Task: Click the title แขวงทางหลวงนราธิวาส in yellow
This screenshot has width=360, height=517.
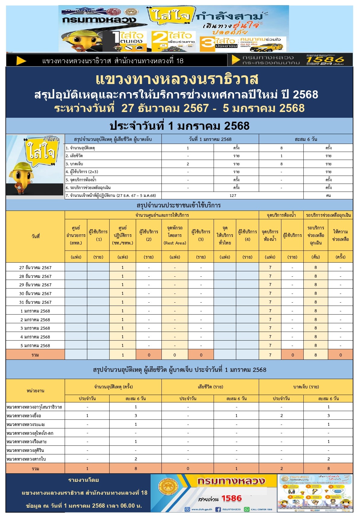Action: (x=177, y=79)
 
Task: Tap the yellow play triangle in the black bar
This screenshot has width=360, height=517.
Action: (x=21, y=61)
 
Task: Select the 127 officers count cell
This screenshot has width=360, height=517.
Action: (x=233, y=195)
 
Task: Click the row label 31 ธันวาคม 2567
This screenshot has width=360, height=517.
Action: (x=35, y=302)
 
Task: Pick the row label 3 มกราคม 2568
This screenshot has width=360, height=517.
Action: (x=35, y=328)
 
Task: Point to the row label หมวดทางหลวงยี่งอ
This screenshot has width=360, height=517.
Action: (x=24, y=416)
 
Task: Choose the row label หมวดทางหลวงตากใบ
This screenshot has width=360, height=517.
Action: (x=26, y=459)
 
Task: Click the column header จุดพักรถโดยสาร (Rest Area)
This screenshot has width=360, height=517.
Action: (x=175, y=235)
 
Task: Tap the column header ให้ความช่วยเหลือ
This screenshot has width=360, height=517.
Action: (x=340, y=235)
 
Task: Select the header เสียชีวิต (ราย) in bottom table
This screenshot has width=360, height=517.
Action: (x=210, y=387)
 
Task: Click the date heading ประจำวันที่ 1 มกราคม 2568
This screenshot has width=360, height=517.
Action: (x=179, y=126)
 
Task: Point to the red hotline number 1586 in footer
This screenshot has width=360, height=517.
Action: (x=231, y=498)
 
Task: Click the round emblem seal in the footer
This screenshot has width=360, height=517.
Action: (x=168, y=487)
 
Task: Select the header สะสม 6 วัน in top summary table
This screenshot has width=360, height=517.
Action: (x=306, y=139)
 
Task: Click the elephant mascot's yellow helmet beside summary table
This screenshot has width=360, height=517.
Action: (x=21, y=167)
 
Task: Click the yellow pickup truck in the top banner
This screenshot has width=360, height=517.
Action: (x=270, y=47)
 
